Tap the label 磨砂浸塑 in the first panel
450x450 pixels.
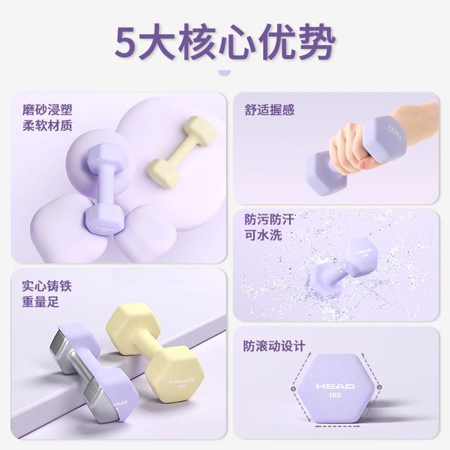click(47, 110)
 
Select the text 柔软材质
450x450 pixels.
click(47, 127)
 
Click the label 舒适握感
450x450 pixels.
click(269, 110)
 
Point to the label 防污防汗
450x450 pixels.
click(269, 219)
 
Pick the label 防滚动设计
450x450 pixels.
click(275, 346)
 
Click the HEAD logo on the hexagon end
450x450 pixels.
click(335, 386)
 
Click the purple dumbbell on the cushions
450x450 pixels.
click(104, 190)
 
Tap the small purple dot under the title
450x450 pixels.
click(224, 72)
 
